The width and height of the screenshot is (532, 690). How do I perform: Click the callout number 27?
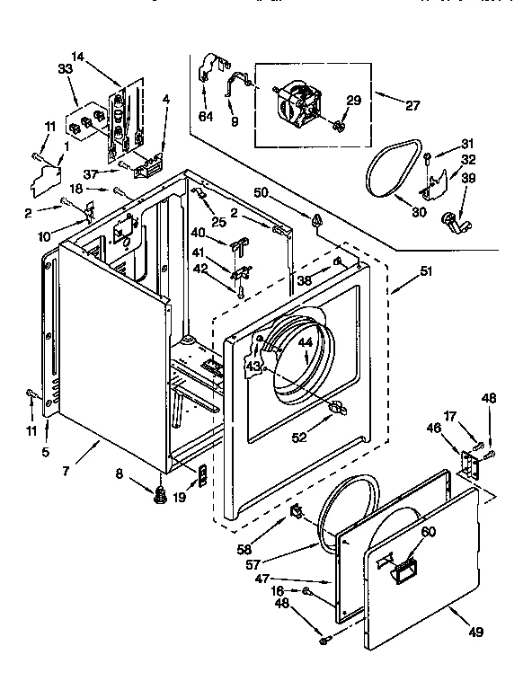click(x=412, y=105)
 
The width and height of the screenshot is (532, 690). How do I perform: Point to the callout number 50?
click(x=262, y=193)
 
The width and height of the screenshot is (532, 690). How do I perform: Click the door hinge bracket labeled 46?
click(x=467, y=462)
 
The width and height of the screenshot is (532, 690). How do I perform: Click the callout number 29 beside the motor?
click(x=353, y=101)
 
